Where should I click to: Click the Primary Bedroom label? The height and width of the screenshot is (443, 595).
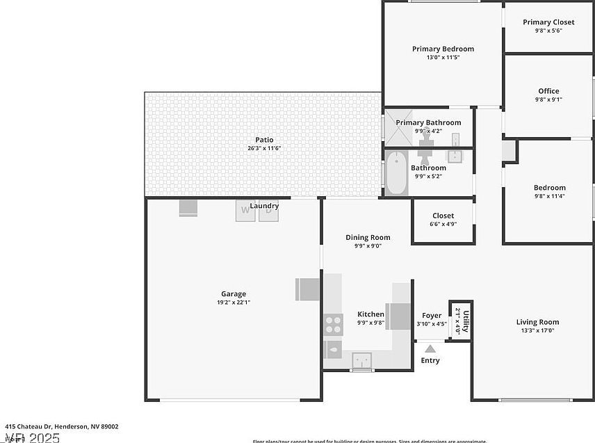pos(443,49)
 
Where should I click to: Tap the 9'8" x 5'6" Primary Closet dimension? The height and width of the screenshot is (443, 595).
pos(548,31)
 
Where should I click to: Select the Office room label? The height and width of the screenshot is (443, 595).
pos(548,91)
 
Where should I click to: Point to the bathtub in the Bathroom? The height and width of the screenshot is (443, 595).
pos(396,173)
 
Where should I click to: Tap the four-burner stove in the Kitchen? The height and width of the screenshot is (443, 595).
pos(333,324)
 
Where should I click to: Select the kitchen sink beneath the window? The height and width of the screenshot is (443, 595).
pos(361,360)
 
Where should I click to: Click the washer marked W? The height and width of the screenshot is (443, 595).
pos(245,211)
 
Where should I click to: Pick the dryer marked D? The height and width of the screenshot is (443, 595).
pos(268,211)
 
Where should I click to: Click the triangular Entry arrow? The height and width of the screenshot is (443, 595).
pos(430,349)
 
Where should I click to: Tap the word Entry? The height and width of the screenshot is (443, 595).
pos(430,360)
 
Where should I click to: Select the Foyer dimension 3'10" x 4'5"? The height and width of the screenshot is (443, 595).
pos(432,323)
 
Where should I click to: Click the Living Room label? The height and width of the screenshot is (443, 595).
pos(537,322)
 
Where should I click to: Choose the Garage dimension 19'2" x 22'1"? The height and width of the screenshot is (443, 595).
pos(234,303)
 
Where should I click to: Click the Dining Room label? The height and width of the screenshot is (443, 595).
pos(368,237)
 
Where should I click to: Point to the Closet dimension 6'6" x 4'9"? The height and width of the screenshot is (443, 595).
pos(443,224)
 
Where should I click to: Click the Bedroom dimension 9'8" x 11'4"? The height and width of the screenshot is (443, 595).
pos(549,196)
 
